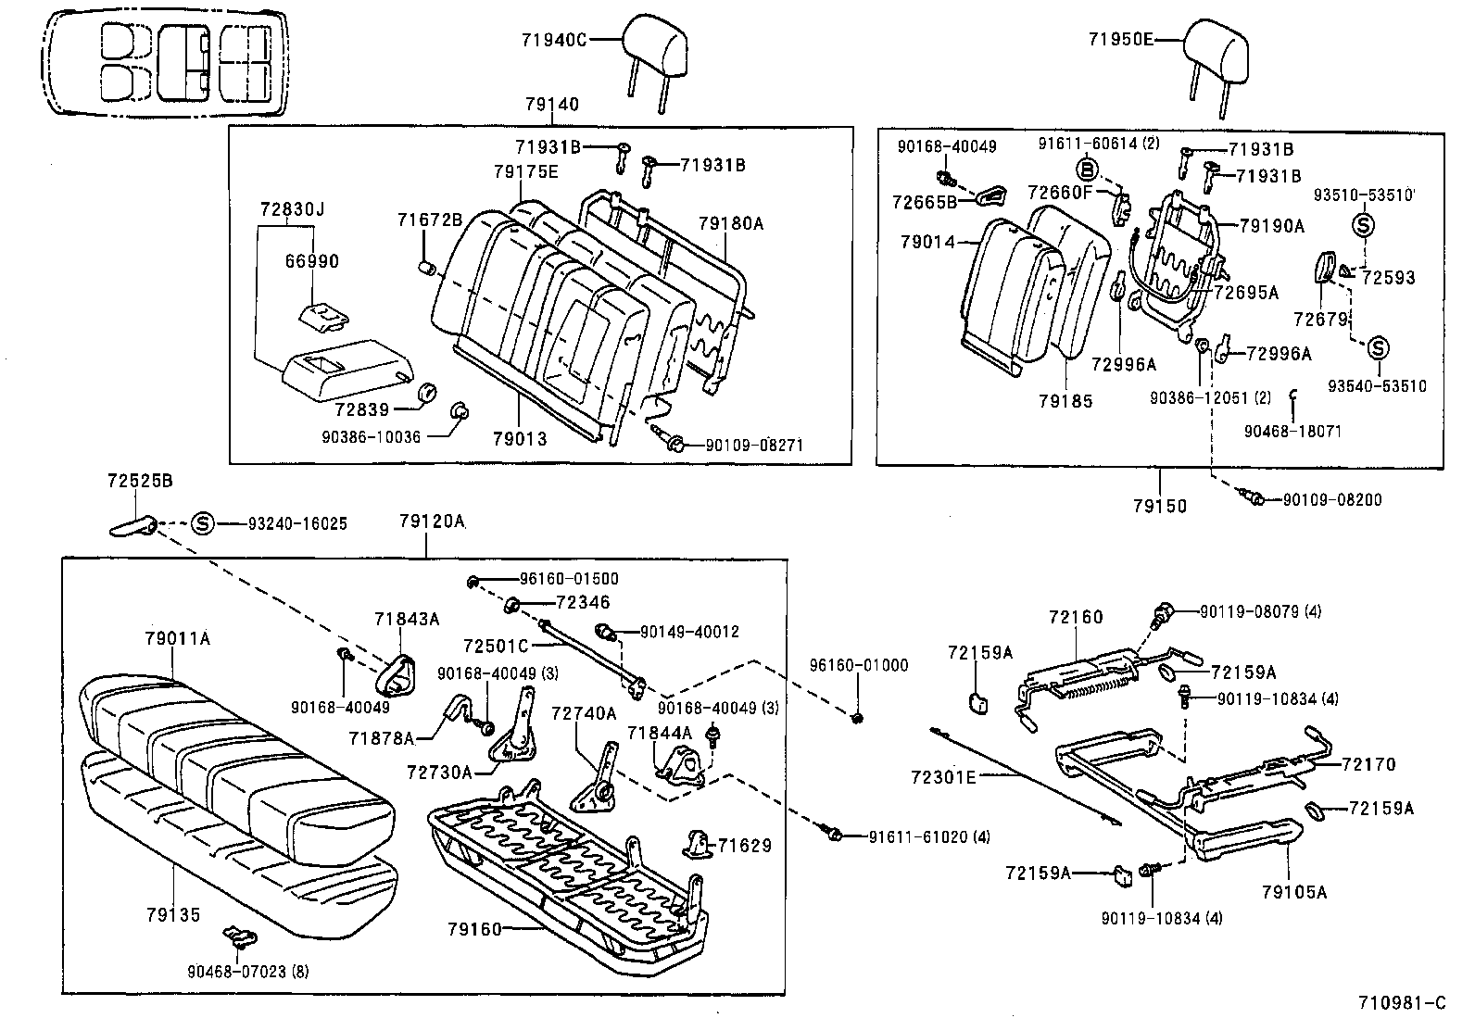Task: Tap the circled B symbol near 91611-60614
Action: point(1088,169)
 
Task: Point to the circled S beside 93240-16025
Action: point(203,523)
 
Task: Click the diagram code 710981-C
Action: point(1401,1002)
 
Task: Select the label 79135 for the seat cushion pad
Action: point(172,915)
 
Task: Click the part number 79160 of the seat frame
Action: point(473,929)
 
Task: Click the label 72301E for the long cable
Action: point(944,776)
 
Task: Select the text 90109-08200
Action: point(1331,500)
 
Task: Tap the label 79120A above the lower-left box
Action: point(432,522)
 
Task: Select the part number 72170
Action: point(1368,764)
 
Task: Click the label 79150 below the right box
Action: point(1159,506)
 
